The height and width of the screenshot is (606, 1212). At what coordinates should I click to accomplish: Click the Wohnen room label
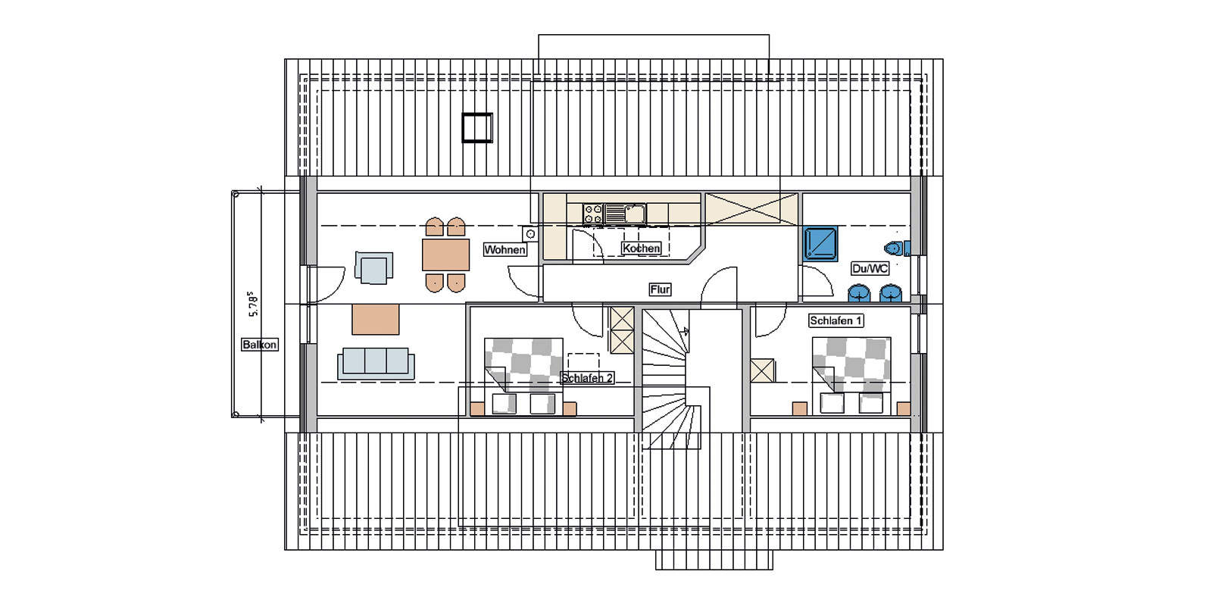(504, 249)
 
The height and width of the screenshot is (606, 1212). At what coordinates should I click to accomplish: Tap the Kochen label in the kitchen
(641, 248)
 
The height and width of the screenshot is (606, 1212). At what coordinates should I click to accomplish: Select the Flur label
(660, 289)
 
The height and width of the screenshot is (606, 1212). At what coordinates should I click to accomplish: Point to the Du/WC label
(870, 268)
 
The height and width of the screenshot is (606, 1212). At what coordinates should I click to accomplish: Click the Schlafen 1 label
(836, 320)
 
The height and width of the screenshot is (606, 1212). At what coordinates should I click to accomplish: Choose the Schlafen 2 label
(587, 378)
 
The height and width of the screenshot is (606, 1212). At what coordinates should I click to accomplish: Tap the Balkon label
(260, 345)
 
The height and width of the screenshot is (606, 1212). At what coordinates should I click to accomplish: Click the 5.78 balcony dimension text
(253, 304)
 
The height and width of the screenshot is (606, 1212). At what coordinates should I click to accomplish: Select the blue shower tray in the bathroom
(820, 243)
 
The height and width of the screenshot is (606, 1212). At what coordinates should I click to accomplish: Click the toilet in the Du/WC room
(897, 248)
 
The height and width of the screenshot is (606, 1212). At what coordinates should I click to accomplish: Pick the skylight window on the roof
(477, 128)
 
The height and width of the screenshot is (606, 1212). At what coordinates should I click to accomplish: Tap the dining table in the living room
(446, 255)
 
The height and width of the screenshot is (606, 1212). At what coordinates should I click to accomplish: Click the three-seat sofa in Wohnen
(376, 364)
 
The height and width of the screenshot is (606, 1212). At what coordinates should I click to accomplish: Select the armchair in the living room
(374, 267)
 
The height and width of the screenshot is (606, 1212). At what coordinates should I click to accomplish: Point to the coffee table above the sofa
(376, 319)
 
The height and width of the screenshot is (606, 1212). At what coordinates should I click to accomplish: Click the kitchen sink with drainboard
(625, 214)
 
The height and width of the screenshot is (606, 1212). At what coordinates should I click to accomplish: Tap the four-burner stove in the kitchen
(593, 214)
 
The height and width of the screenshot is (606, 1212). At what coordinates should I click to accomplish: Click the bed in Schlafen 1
(851, 376)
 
